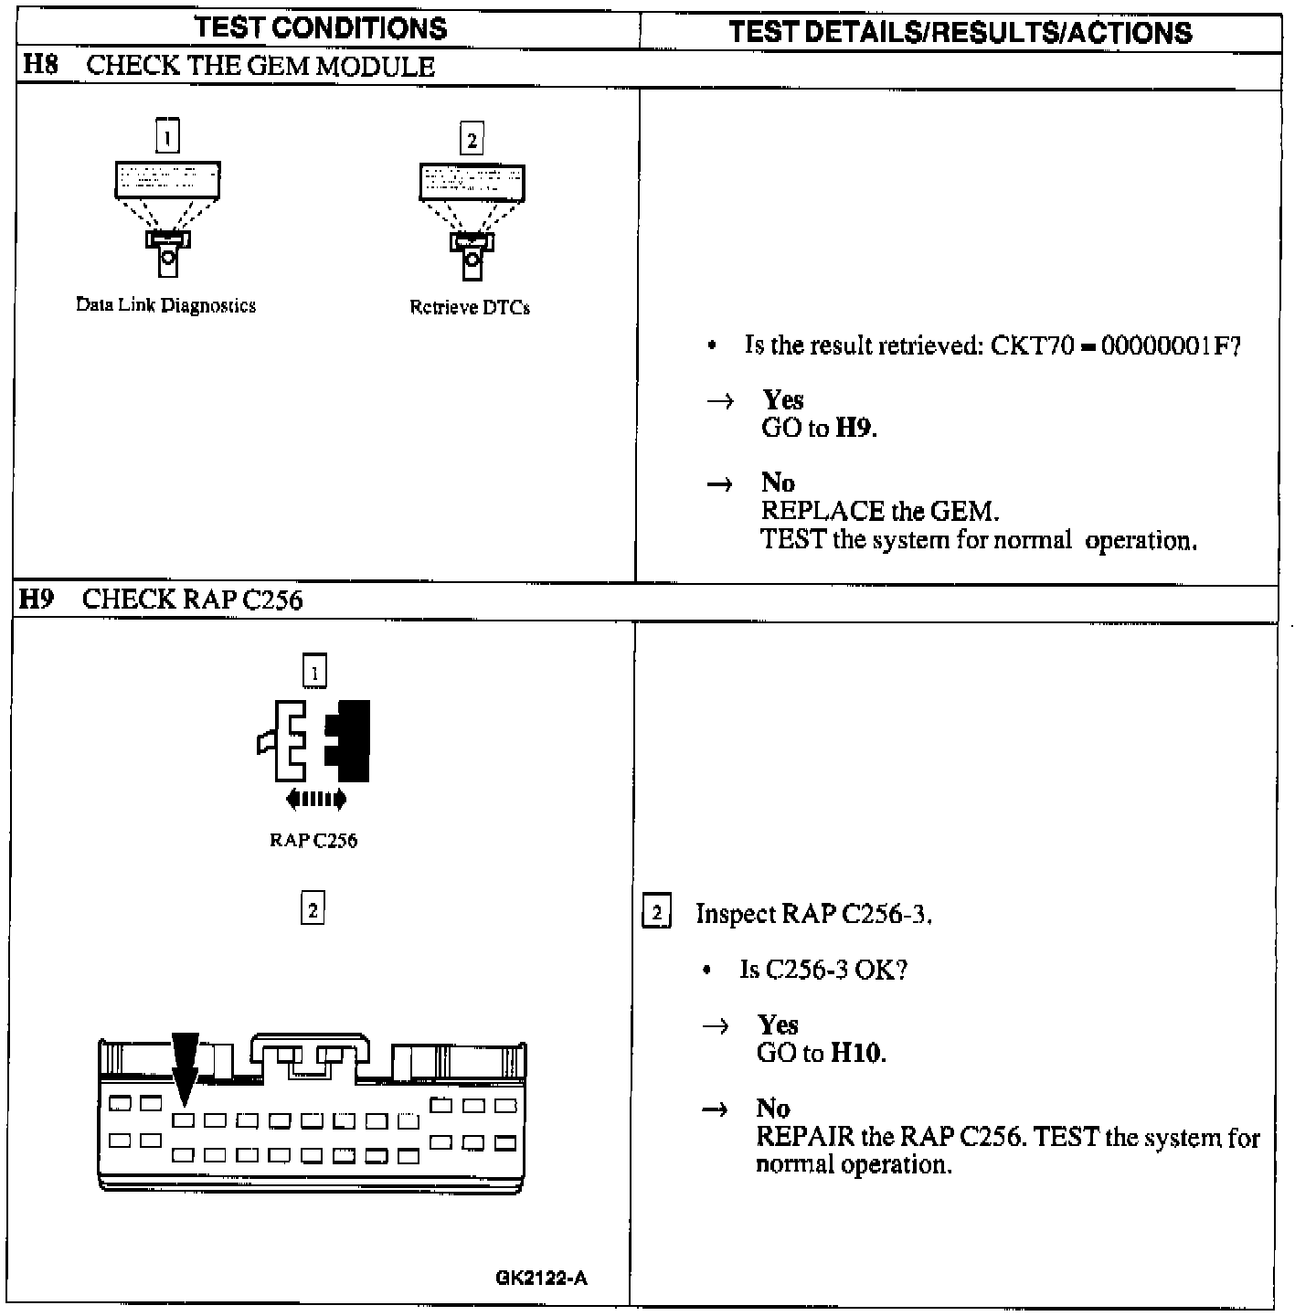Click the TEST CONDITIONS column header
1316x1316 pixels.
coord(321,28)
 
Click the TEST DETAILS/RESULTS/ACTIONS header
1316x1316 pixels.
coord(960,33)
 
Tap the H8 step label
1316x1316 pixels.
coord(40,65)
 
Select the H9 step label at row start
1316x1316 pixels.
coord(37,599)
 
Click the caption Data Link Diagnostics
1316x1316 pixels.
coord(165,305)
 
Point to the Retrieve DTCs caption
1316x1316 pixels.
coord(470,307)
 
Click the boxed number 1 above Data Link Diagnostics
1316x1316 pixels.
coord(166,137)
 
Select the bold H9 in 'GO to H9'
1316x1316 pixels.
coord(854,428)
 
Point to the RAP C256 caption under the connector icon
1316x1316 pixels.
coord(313,841)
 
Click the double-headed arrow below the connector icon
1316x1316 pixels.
coord(316,800)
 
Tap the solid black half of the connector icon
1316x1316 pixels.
coord(348,741)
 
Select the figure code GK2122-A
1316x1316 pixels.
coord(541,1279)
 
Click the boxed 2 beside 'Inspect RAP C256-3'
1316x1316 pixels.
coord(657,913)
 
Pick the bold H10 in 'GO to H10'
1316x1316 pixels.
coord(856,1053)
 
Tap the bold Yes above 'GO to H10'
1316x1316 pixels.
coord(778,1024)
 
